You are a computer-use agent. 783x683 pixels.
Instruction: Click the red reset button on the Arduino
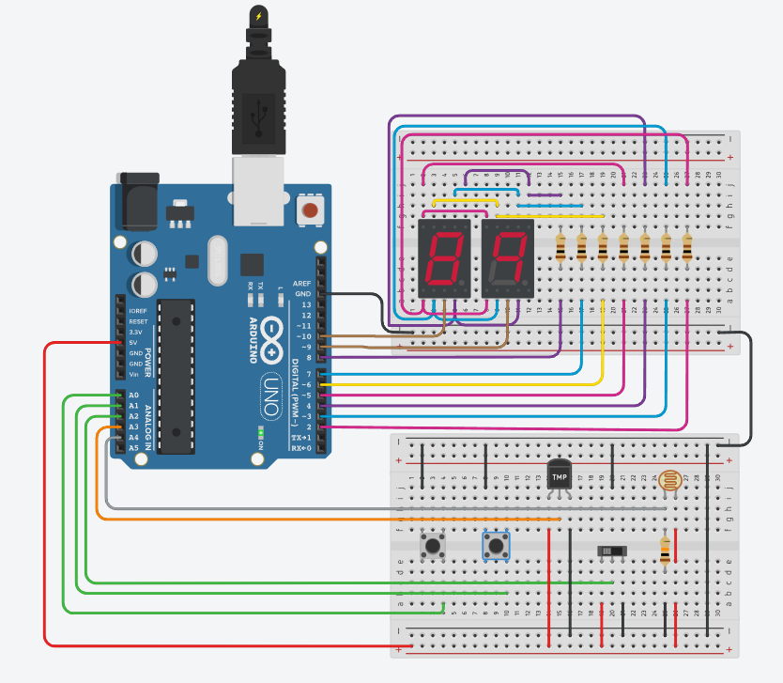[x=307, y=210]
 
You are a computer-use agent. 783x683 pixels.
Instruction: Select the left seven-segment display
[x=444, y=258]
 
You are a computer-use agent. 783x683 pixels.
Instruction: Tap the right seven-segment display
[x=508, y=258]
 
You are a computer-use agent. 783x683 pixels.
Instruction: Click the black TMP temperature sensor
[x=559, y=475]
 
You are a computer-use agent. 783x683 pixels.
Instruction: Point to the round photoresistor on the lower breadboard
[x=669, y=482]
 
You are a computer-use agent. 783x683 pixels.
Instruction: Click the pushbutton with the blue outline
[x=496, y=545]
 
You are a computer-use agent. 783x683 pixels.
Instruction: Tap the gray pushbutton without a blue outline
[x=433, y=545]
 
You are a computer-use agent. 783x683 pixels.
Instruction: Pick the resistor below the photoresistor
[x=666, y=551]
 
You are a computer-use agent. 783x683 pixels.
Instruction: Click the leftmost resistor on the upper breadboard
[x=561, y=249]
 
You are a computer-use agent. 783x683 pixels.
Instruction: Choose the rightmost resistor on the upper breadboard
[x=687, y=249]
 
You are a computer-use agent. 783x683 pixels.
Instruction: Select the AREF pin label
[x=302, y=283]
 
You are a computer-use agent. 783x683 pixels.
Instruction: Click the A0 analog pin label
[x=133, y=396]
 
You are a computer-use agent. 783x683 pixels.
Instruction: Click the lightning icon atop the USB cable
[x=258, y=16]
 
